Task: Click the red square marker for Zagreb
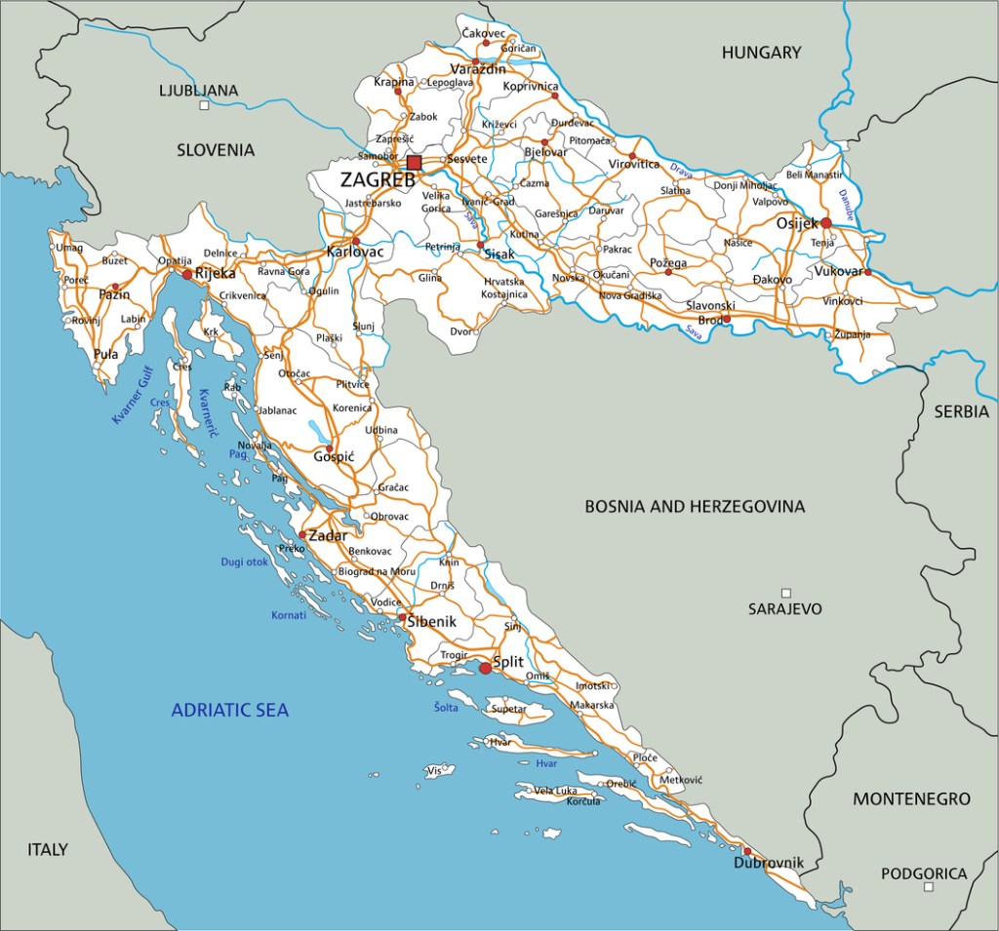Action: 415,163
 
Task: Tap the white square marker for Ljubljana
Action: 204,105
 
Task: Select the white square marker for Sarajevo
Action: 785,592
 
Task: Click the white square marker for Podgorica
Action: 929,887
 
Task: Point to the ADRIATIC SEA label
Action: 230,710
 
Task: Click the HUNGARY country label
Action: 761,53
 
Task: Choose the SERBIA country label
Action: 961,411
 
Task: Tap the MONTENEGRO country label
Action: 911,798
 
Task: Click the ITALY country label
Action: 47,849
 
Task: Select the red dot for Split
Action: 485,668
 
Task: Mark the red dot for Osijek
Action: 826,223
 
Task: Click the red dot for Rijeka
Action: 186,275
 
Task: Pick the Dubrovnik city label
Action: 769,863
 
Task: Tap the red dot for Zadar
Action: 302,535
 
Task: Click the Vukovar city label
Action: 839,271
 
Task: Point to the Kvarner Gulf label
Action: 134,394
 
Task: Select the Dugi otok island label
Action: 244,562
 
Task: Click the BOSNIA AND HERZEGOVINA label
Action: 695,506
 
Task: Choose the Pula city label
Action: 105,354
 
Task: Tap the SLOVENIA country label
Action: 216,149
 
